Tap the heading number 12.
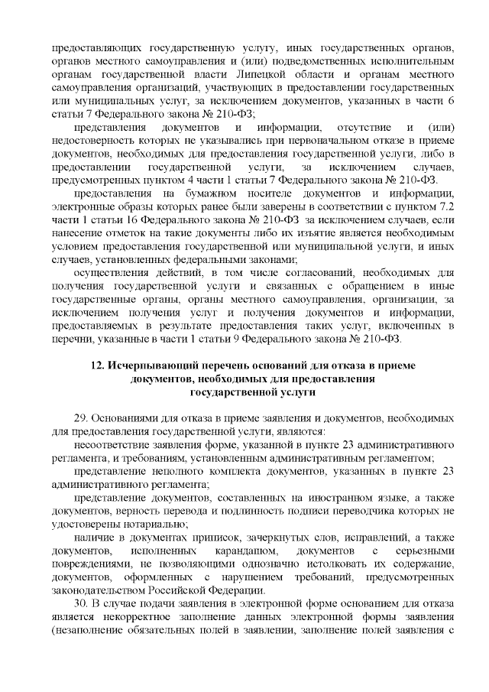tap(98, 365)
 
